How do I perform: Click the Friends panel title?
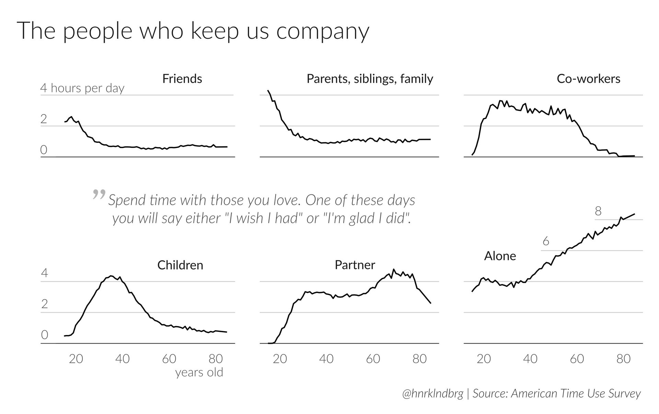pyautogui.click(x=182, y=79)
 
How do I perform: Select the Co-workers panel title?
pyautogui.click(x=588, y=79)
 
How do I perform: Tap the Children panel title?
pyautogui.click(x=180, y=265)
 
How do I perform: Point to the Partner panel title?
pyautogui.click(x=355, y=265)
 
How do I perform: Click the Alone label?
pyautogui.click(x=500, y=256)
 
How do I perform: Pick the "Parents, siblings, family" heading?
pyautogui.click(x=370, y=79)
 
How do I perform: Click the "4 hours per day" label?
pyautogui.click(x=82, y=88)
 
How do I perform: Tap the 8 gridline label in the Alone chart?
pyautogui.click(x=598, y=211)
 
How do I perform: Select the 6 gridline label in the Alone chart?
pyautogui.click(x=546, y=242)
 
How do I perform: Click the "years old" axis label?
pyautogui.click(x=199, y=372)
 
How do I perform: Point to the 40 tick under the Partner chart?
pyautogui.click(x=326, y=359)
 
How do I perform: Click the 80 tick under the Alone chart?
pyautogui.click(x=623, y=359)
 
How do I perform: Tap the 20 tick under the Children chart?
pyautogui.click(x=76, y=359)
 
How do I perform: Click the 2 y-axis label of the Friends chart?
pyautogui.click(x=44, y=119)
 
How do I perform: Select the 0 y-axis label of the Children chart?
pyautogui.click(x=44, y=335)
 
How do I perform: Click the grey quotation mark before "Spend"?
pyautogui.click(x=99, y=194)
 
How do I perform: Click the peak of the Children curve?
pyautogui.click(x=111, y=276)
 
